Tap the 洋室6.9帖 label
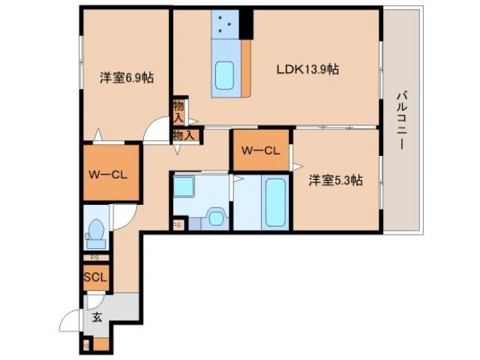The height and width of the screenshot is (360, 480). coord(127,77)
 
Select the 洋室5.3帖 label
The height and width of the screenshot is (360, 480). coord(335,180)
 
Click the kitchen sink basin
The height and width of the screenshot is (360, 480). coord(226,76)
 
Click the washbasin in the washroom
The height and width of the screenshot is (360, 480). coord(216,218)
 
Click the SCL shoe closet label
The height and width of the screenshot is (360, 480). coord(95,277)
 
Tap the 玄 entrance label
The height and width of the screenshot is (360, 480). coord(97,316)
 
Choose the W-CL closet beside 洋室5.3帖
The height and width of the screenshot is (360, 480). coord(260,150)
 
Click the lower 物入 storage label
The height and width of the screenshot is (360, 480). coord(184,135)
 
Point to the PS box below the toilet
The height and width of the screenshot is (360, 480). coord(94,258)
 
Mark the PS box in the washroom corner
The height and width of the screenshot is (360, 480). coord(178,224)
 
